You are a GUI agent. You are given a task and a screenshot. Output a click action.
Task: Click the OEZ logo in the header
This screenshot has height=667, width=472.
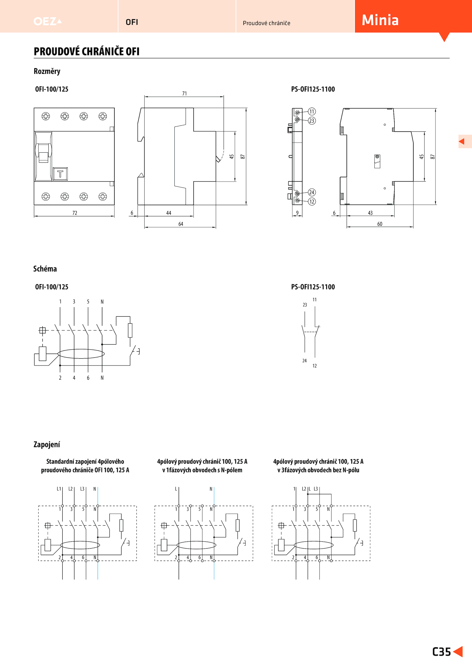(47, 21)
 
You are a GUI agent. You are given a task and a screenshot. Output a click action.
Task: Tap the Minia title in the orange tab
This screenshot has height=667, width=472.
(380, 20)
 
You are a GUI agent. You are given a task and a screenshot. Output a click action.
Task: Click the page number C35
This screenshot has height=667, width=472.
(441, 652)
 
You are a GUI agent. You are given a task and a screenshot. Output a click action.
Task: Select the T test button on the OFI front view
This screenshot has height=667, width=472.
(60, 174)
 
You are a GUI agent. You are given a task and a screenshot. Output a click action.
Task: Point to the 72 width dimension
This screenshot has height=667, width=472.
(75, 213)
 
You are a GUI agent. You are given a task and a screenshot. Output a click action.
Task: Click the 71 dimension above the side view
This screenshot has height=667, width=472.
(184, 93)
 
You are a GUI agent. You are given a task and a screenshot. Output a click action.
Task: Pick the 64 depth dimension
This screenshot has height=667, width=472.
(181, 224)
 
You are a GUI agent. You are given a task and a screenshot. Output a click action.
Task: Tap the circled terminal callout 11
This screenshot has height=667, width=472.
(312, 111)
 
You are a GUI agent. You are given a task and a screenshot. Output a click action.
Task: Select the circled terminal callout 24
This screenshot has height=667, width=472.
(312, 192)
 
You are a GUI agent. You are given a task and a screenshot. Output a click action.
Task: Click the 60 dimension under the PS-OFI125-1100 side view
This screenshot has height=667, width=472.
(380, 224)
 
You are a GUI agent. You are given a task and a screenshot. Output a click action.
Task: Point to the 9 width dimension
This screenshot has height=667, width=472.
(297, 213)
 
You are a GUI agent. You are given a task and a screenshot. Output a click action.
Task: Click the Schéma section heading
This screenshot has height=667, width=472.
(45, 269)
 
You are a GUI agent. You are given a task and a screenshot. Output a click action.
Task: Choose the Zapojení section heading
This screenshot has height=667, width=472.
(47, 444)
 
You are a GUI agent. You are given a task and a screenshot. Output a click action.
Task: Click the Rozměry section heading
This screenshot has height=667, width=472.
(47, 71)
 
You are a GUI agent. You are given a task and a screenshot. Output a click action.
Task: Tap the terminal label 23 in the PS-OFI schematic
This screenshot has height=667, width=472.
(305, 305)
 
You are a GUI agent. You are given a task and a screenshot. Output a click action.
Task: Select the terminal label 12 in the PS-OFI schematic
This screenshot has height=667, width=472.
(314, 366)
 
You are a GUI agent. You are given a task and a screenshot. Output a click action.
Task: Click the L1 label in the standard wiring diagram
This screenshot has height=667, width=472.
(59, 489)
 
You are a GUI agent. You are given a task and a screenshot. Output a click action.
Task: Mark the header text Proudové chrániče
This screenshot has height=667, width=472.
(266, 23)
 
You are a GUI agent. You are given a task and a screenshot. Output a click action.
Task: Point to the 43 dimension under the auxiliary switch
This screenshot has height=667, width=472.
(370, 213)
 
